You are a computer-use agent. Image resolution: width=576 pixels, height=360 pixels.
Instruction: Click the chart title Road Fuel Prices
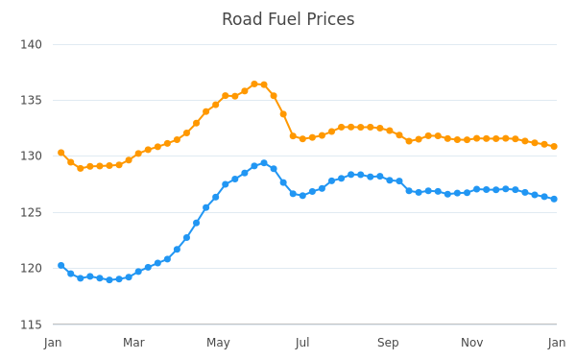288,19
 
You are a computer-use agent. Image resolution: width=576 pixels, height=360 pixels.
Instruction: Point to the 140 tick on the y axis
32,44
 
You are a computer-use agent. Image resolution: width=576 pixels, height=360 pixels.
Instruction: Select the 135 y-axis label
32,100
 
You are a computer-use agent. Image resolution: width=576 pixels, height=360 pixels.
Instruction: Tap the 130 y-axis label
32,156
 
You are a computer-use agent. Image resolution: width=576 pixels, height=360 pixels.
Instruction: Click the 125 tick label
32,212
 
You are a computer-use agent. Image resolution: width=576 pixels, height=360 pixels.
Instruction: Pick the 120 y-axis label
32,268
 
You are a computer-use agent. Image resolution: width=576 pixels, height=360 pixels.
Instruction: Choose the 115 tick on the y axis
32,324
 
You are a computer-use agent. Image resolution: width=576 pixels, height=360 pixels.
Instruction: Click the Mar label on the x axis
133,343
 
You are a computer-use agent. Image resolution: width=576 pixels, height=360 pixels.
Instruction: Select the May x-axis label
218,343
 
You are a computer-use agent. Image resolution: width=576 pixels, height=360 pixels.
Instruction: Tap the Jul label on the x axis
302,343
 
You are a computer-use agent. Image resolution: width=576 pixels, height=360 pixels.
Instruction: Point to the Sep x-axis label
388,343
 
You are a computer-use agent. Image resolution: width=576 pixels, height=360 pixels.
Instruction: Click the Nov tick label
472,343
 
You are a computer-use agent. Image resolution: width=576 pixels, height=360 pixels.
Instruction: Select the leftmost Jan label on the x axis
53,343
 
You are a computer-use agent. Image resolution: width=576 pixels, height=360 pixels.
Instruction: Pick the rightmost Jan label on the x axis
557,343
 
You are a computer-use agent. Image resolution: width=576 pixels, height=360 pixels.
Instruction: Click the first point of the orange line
61,153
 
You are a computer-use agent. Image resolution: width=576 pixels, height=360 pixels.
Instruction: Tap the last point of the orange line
554,146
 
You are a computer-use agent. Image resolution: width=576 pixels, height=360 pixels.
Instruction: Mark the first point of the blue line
61,265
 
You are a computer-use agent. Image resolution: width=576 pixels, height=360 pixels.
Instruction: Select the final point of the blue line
554,199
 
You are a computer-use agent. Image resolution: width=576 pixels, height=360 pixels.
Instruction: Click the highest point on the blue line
264,163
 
